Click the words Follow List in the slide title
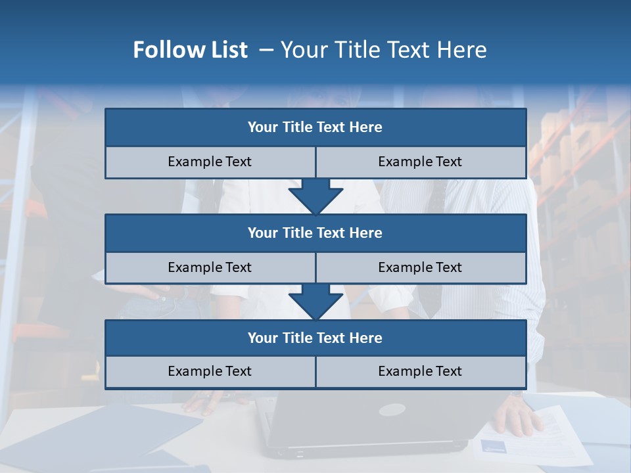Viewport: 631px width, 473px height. (x=190, y=50)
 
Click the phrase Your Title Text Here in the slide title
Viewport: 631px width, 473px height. (x=383, y=50)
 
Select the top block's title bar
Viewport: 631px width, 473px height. (x=315, y=127)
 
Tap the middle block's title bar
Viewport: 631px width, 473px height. (x=315, y=233)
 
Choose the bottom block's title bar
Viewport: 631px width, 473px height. (x=315, y=338)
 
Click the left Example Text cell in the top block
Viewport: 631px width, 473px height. (x=210, y=162)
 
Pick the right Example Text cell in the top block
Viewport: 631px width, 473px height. (x=420, y=162)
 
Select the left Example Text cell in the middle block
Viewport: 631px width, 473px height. (x=210, y=267)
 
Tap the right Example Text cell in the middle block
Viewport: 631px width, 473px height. (x=420, y=267)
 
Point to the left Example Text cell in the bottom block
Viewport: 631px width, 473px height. (x=210, y=371)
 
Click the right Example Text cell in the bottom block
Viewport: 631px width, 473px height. (x=420, y=371)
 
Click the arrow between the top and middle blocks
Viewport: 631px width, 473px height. (x=315, y=196)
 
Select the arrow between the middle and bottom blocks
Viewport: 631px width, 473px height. (x=315, y=302)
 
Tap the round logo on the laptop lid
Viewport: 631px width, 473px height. (x=392, y=410)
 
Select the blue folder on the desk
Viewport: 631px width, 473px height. (x=99, y=437)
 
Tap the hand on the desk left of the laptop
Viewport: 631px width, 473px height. (x=204, y=401)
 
